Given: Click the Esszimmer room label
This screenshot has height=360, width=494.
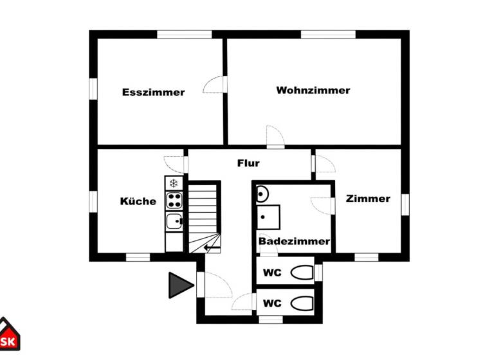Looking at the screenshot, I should pyautogui.click(x=153, y=92).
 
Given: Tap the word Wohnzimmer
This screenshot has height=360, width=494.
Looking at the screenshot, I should pyautogui.click(x=313, y=90).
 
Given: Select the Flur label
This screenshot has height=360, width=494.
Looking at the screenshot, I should pyautogui.click(x=248, y=163).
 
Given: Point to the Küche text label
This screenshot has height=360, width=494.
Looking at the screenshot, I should pyautogui.click(x=138, y=201).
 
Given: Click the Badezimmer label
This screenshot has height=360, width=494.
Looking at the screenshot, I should pyautogui.click(x=294, y=241).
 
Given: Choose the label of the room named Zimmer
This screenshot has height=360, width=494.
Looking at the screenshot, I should pyautogui.click(x=368, y=199).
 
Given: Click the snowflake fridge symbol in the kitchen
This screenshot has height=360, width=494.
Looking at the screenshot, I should pyautogui.click(x=174, y=184).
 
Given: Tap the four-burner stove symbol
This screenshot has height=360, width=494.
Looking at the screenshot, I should pyautogui.click(x=174, y=201).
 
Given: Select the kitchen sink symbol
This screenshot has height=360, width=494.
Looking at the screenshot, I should pyautogui.click(x=174, y=222).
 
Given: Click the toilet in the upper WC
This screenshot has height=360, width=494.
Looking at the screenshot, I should pyautogui.click(x=301, y=273).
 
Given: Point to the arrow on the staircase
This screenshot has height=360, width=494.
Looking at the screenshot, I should pyautogui.click(x=212, y=246).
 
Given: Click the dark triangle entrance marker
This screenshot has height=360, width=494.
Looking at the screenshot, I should pyautogui.click(x=179, y=285).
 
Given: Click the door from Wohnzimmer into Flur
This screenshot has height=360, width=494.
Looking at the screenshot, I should pyautogui.click(x=275, y=137).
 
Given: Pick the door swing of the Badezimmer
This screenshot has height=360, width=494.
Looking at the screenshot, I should pyautogui.click(x=321, y=205).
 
